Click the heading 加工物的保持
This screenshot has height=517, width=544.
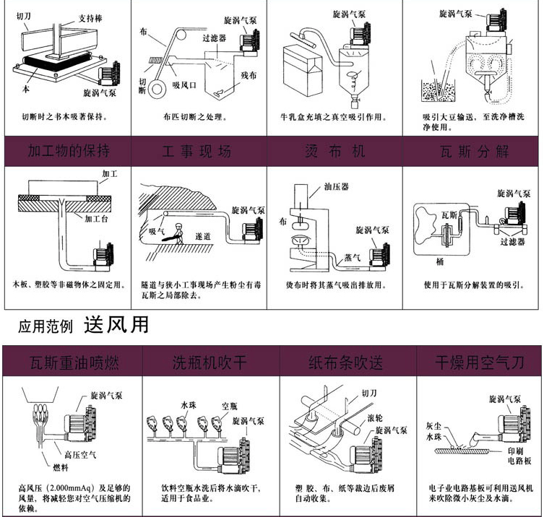click(69, 152)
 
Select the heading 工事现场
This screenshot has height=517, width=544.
click(197, 152)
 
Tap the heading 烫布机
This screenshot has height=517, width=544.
click(334, 152)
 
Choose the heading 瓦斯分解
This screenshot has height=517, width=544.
click(474, 152)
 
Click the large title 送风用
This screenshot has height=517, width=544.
click(116, 325)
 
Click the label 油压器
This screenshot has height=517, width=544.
click(337, 186)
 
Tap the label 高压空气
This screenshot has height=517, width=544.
click(79, 454)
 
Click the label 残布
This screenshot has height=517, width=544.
click(250, 74)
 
